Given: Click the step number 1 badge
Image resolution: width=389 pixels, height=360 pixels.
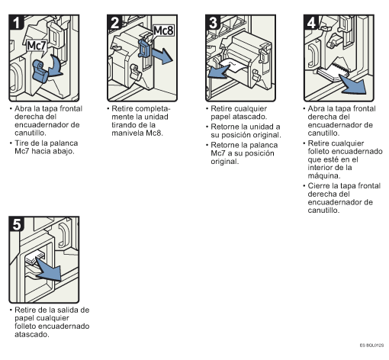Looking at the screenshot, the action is pyautogui.click(x=16, y=22).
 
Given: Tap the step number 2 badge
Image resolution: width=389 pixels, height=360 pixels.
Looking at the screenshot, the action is pyautogui.click(x=114, y=22).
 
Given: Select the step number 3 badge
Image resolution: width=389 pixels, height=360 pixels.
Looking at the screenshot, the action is pyautogui.click(x=213, y=22).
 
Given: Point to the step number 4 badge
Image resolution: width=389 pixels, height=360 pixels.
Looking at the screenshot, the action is pyautogui.click(x=311, y=22).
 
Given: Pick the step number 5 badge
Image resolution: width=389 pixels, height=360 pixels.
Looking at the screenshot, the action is pyautogui.click(x=16, y=224).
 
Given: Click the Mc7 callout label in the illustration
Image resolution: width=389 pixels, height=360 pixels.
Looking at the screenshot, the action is pyautogui.click(x=37, y=46).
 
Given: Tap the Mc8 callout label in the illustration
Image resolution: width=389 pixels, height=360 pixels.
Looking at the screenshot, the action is pyautogui.click(x=164, y=31).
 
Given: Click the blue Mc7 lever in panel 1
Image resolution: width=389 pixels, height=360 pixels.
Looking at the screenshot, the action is pyautogui.click(x=40, y=72).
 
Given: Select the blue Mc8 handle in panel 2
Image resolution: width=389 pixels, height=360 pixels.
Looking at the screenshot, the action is pyautogui.click(x=145, y=48).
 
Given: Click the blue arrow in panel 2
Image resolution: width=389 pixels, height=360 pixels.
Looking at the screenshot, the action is pyautogui.click(x=162, y=56).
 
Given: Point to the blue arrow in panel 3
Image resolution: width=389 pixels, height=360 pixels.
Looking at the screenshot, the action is pyautogui.click(x=219, y=72).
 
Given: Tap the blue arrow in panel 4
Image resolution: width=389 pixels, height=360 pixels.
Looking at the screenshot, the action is pyautogui.click(x=353, y=85).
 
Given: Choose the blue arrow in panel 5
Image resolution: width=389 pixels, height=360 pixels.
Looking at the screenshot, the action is pyautogui.click(x=49, y=269).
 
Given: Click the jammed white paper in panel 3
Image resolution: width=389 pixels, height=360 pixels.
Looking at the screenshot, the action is pyautogui.click(x=233, y=66).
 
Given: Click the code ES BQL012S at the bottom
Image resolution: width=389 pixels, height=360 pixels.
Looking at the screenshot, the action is pyautogui.click(x=371, y=346).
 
